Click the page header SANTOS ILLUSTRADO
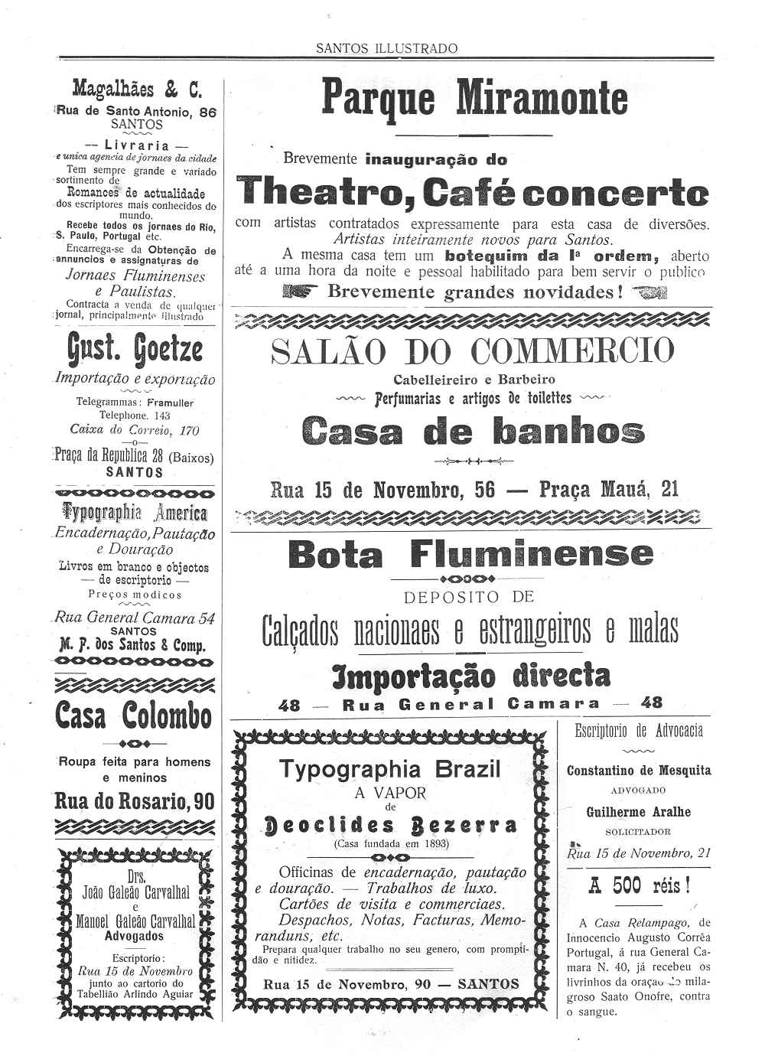[x=386, y=48]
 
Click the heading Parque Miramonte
[x=474, y=99]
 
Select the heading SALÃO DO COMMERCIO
[x=473, y=351]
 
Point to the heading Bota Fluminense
[x=471, y=554]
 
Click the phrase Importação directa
[x=471, y=676]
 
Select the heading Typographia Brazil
[x=389, y=769]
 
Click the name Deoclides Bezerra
[x=389, y=826]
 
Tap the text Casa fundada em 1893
[x=391, y=843]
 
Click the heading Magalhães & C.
[x=137, y=90]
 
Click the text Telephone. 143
[x=135, y=416]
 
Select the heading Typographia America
[x=135, y=511]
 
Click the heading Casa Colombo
[x=133, y=716]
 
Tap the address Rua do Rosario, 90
[x=135, y=801]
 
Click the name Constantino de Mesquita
[x=639, y=771]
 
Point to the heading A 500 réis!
[x=639, y=886]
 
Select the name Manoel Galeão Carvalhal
[x=135, y=921]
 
